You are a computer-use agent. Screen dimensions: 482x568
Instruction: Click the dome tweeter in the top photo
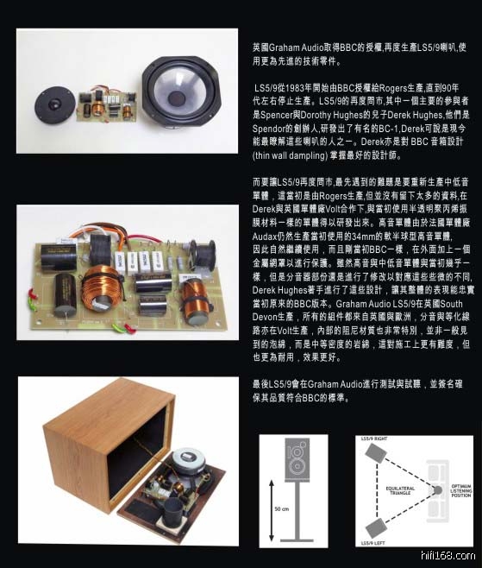(54, 105)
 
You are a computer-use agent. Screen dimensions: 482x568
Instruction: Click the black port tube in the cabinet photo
(173, 512)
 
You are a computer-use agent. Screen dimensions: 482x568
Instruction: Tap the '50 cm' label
(282, 509)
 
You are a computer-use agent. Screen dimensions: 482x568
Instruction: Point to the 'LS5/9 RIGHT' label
(374, 439)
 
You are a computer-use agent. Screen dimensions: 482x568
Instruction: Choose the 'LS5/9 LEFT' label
(372, 543)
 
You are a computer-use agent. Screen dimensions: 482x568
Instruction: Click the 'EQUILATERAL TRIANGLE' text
(400, 490)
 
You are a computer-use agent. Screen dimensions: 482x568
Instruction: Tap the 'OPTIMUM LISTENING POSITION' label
(461, 490)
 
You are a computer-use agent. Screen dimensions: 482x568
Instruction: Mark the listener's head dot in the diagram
(437, 490)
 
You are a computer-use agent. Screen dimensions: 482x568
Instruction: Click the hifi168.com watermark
(448, 555)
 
